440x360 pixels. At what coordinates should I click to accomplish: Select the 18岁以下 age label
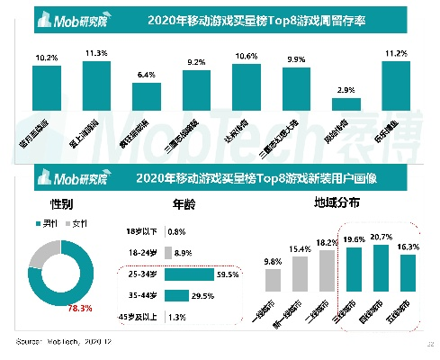click(x=143, y=231)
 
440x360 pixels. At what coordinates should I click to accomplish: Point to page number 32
click(x=428, y=344)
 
